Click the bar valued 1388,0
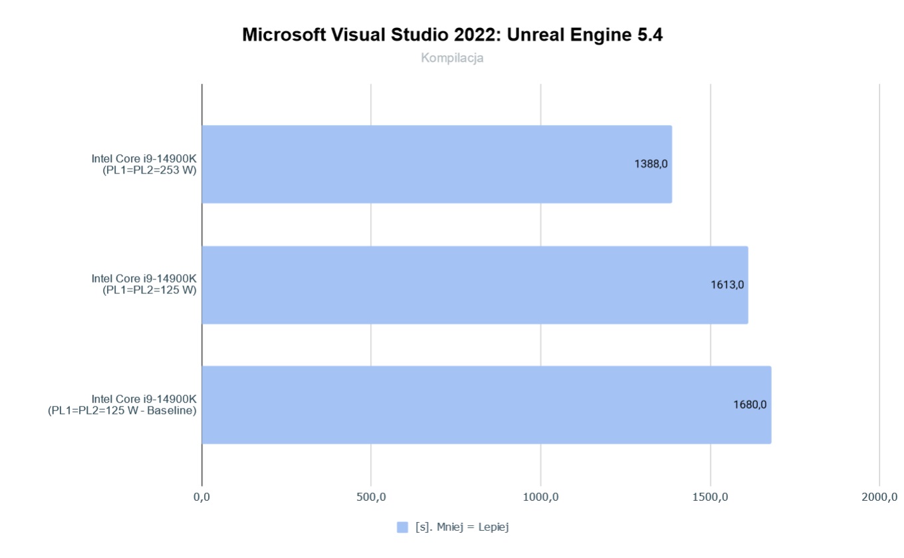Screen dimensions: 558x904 click(x=436, y=164)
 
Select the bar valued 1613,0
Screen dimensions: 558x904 click(x=475, y=285)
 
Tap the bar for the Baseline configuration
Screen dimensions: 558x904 click(x=486, y=404)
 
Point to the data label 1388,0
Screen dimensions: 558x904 click(x=651, y=164)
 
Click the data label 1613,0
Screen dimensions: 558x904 click(x=727, y=285)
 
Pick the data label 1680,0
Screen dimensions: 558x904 click(x=750, y=404)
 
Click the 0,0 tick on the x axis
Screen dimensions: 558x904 click(x=201, y=497)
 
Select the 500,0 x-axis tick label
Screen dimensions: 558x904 click(x=371, y=497)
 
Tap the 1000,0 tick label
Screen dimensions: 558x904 click(x=540, y=497)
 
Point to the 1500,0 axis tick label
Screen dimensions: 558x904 click(x=710, y=497)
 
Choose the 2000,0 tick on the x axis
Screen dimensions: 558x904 click(x=879, y=497)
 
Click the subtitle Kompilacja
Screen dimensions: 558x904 click(x=452, y=58)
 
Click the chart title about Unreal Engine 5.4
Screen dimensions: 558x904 click(x=452, y=35)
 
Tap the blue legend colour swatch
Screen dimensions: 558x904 click(x=402, y=527)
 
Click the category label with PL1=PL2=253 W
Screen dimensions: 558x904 click(x=144, y=164)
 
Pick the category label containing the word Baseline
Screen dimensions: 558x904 click(x=122, y=405)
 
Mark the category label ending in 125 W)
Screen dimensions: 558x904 click(x=144, y=285)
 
